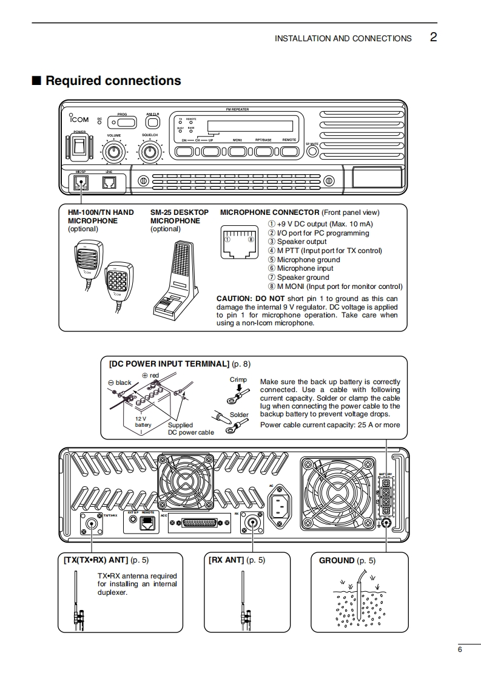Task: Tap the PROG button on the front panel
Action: (122, 120)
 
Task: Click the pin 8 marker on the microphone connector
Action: (251, 239)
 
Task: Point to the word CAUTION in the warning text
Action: (234, 299)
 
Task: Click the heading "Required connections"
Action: (113, 81)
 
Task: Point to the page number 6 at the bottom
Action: (460, 649)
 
